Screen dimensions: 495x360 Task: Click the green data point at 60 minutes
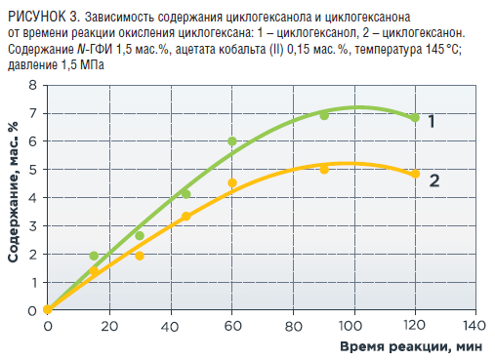click(x=232, y=141)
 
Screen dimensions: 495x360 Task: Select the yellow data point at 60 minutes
click(x=232, y=182)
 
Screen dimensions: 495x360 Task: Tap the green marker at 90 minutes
click(x=324, y=115)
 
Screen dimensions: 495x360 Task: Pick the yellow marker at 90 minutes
click(x=324, y=170)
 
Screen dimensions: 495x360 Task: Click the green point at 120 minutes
click(x=415, y=118)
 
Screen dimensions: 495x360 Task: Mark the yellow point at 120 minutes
click(x=415, y=174)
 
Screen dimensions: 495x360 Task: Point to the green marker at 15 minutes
click(x=94, y=256)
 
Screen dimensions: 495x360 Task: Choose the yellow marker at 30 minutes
click(x=140, y=256)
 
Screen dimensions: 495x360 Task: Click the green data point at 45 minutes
click(x=186, y=194)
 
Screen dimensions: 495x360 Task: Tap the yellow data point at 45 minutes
click(x=186, y=217)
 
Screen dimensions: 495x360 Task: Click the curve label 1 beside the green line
click(x=432, y=121)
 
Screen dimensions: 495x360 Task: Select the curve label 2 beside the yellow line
click(x=434, y=180)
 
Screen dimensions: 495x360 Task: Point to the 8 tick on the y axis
click(x=33, y=85)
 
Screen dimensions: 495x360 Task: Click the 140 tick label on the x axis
click(x=474, y=325)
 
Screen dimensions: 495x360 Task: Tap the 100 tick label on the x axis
click(x=351, y=325)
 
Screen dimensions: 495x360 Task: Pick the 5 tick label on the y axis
click(x=33, y=170)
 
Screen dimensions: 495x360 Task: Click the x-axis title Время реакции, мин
click(x=411, y=346)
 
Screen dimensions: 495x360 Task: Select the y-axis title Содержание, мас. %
click(x=13, y=192)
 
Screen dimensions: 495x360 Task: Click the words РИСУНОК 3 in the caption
click(x=44, y=17)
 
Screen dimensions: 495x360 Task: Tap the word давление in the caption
click(x=32, y=65)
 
